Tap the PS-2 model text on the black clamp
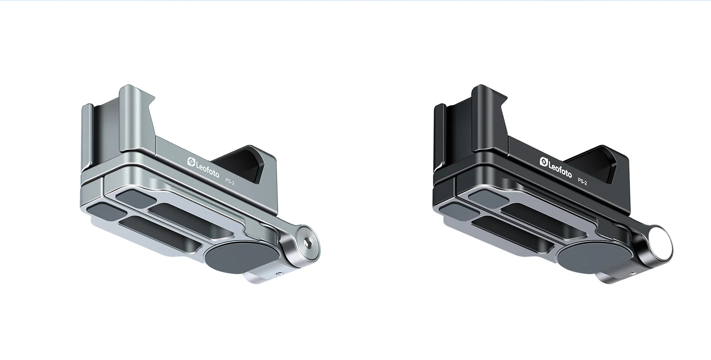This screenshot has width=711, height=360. [x=582, y=181]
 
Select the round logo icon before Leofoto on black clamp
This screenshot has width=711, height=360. [x=543, y=161]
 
